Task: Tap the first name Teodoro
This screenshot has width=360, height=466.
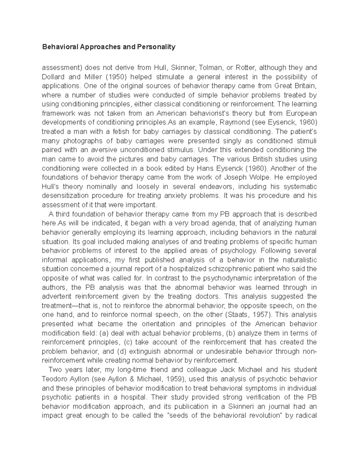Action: (x=54, y=379)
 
